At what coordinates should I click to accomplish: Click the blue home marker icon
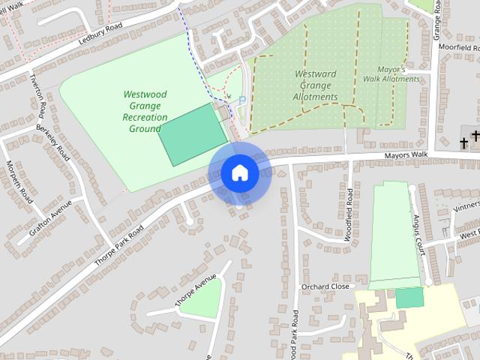[239, 172]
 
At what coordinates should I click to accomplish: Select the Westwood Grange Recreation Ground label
[145, 112]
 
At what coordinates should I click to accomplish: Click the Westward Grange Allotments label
[316, 85]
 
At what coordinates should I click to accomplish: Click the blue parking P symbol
[241, 100]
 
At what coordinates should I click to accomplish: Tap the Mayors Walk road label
[406, 156]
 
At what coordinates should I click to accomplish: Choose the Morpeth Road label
[19, 182]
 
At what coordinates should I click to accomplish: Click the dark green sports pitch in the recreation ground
[193, 133]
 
